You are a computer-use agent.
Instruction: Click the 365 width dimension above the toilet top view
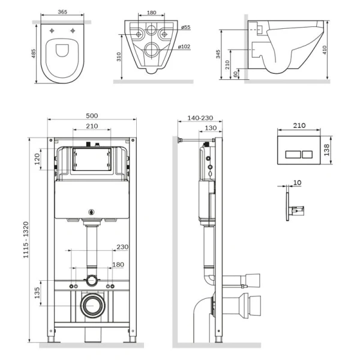click(58, 11)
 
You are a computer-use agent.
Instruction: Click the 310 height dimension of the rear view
click(118, 56)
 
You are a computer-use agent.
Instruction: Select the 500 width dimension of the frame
click(91, 116)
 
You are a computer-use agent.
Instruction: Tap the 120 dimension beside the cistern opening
click(37, 160)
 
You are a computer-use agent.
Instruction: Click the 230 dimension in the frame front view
click(122, 246)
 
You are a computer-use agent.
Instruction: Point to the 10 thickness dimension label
click(298, 182)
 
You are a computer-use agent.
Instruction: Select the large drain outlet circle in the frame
click(92, 306)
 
